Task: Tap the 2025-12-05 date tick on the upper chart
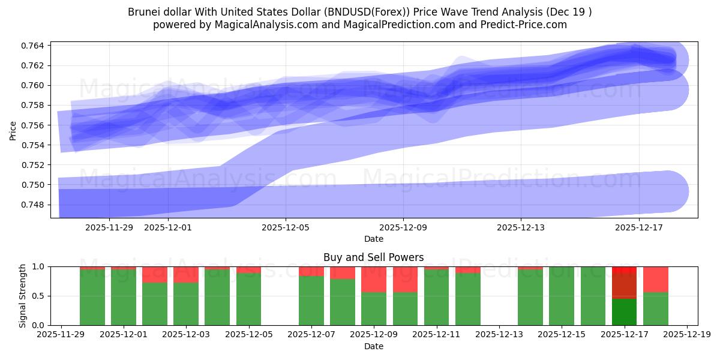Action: pyautogui.click(x=286, y=227)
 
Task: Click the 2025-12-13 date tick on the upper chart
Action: pyautogui.click(x=520, y=227)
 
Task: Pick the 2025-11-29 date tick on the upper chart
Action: pyautogui.click(x=109, y=227)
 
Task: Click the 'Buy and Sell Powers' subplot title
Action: pyautogui.click(x=373, y=257)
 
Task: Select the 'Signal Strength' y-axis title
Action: pyautogui.click(x=23, y=296)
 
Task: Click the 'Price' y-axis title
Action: pyautogui.click(x=13, y=130)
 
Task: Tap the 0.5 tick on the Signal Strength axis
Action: pyautogui.click(x=39, y=296)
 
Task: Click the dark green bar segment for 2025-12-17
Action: pyautogui.click(x=624, y=311)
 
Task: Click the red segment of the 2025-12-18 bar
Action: pyautogui.click(x=655, y=279)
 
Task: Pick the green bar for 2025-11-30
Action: pyautogui.click(x=92, y=297)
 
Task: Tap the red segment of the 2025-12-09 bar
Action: pyautogui.click(x=374, y=279)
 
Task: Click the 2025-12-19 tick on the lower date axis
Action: pyautogui.click(x=686, y=335)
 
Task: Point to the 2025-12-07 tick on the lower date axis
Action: pyautogui.click(x=311, y=335)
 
